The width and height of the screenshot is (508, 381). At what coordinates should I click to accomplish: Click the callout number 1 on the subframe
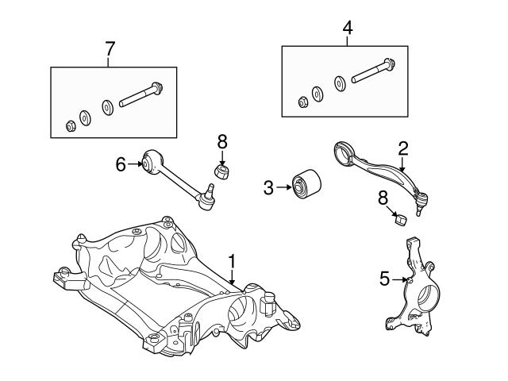coord(232,260)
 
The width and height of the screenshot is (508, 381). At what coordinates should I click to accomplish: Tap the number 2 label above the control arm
coord(402,147)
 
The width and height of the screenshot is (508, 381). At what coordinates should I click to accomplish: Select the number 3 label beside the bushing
coord(268,187)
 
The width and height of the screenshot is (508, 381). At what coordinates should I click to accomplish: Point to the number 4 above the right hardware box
coord(347,28)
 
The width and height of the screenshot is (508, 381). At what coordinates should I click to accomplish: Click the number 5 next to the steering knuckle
coord(384,279)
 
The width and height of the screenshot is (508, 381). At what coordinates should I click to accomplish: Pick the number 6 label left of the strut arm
coord(121,164)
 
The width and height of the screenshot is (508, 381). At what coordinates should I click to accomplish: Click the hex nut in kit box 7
coord(68,125)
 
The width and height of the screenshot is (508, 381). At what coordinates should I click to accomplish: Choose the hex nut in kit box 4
coord(303,102)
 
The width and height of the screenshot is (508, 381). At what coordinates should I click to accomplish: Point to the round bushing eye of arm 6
coord(152,161)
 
